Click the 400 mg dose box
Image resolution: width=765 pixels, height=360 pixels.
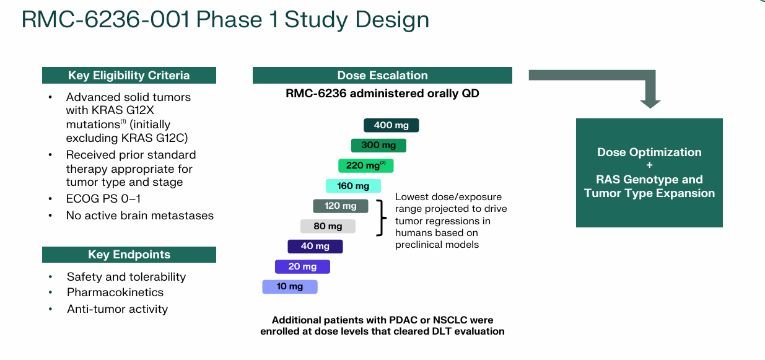[391, 125]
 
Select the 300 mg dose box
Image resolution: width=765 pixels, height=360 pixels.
[378, 145]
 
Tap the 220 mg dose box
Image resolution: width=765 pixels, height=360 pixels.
[365, 165]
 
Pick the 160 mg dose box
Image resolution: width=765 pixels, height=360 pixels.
[353, 186]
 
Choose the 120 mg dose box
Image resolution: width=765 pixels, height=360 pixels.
[340, 206]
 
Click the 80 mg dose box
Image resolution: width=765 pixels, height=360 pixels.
[328, 226]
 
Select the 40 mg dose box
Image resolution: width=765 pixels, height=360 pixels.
[315, 246]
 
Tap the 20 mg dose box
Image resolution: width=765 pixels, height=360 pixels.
[302, 266]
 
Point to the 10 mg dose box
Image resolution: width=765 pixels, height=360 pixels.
[289, 286]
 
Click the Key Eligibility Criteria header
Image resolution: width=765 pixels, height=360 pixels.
[129, 76]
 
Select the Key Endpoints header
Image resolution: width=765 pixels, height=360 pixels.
[129, 255]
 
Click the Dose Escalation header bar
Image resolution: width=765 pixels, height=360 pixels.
[382, 76]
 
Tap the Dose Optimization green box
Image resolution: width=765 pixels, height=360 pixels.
[649, 172]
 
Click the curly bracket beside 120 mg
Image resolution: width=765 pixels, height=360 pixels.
[382, 217]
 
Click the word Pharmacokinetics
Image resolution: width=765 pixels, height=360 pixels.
[115, 292]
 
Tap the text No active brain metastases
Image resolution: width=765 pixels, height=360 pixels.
[139, 216]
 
